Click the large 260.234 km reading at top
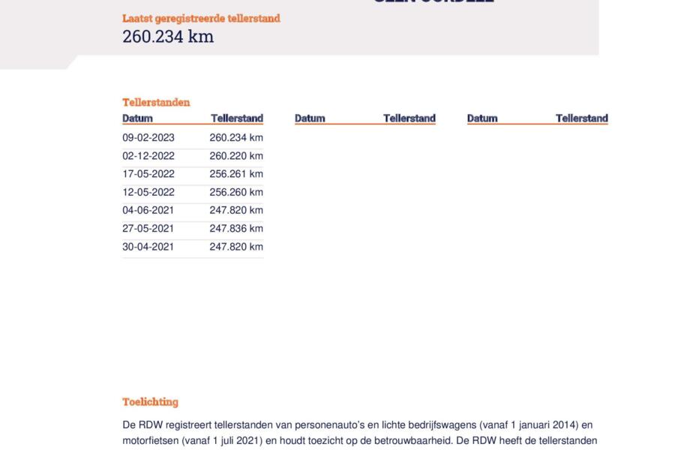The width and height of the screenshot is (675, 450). click(168, 37)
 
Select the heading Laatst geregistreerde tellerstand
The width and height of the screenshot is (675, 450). click(201, 18)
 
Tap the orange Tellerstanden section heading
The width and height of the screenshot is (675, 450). click(156, 102)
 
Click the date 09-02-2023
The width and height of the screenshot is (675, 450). click(148, 137)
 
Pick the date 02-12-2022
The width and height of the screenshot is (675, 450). click(148, 156)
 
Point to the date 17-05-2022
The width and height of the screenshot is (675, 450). click(148, 174)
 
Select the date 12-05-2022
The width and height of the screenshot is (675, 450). click(148, 192)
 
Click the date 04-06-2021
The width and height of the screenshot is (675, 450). click(148, 210)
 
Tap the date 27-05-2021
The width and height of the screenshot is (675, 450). click(148, 229)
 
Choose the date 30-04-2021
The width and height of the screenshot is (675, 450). click(148, 247)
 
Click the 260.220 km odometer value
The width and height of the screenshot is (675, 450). click(236, 156)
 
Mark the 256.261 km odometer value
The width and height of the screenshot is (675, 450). click(236, 174)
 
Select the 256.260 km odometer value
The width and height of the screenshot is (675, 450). click(236, 192)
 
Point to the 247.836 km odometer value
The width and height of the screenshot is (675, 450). click(236, 229)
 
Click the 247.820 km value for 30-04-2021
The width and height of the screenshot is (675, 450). click(236, 247)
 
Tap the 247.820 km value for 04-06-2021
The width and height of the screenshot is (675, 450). click(236, 210)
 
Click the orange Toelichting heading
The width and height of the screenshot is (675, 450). click(150, 402)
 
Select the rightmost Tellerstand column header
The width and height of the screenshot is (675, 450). click(581, 118)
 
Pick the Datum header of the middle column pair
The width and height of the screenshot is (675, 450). click(310, 118)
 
